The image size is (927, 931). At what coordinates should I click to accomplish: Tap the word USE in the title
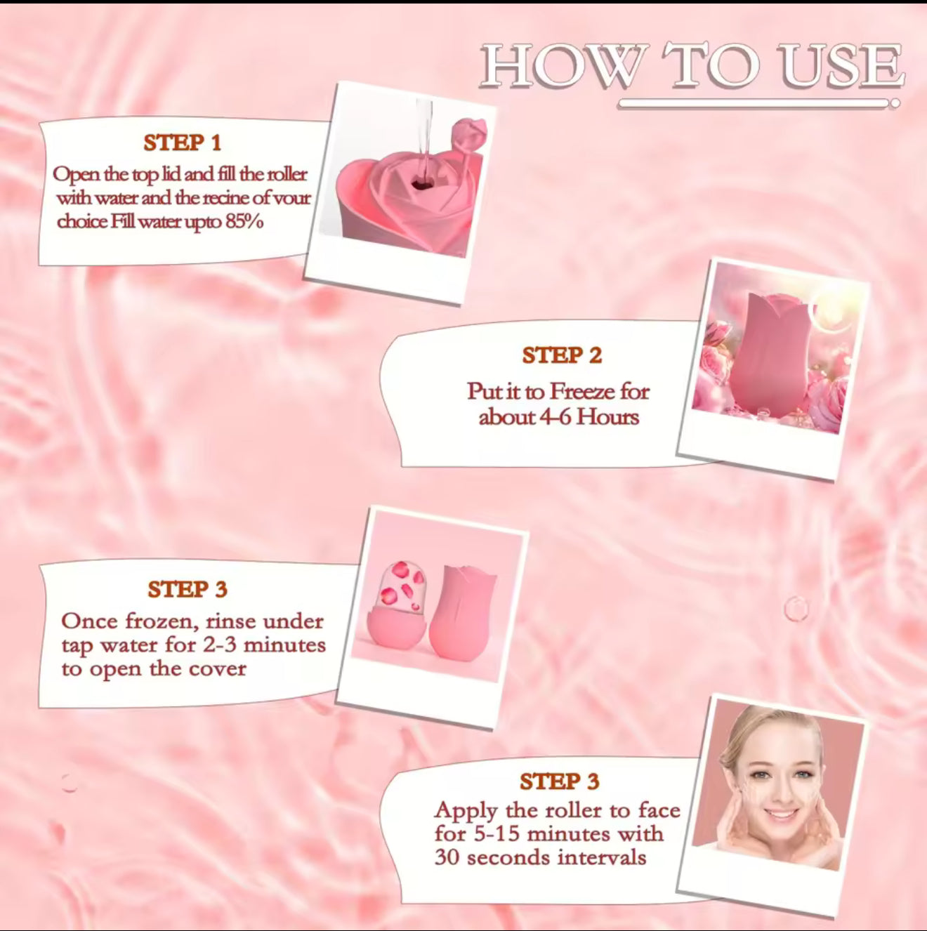tap(841, 66)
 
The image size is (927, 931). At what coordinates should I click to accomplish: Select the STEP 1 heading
tap(183, 143)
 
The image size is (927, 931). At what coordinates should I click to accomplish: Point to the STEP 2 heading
tap(562, 355)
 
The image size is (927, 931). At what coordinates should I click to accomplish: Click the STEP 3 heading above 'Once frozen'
tap(188, 589)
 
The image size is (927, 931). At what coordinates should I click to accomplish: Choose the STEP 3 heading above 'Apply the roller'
tap(559, 781)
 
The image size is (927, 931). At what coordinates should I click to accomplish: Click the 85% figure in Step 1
tap(244, 222)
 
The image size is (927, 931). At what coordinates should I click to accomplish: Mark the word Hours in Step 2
tap(608, 417)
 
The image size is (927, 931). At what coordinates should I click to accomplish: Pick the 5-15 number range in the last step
tap(494, 834)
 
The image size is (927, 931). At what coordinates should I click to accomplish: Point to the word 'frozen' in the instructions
tap(157, 621)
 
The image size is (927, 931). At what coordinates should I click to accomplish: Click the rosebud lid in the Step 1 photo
tap(468, 133)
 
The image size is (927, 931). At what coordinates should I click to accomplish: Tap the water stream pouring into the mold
tap(424, 140)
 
